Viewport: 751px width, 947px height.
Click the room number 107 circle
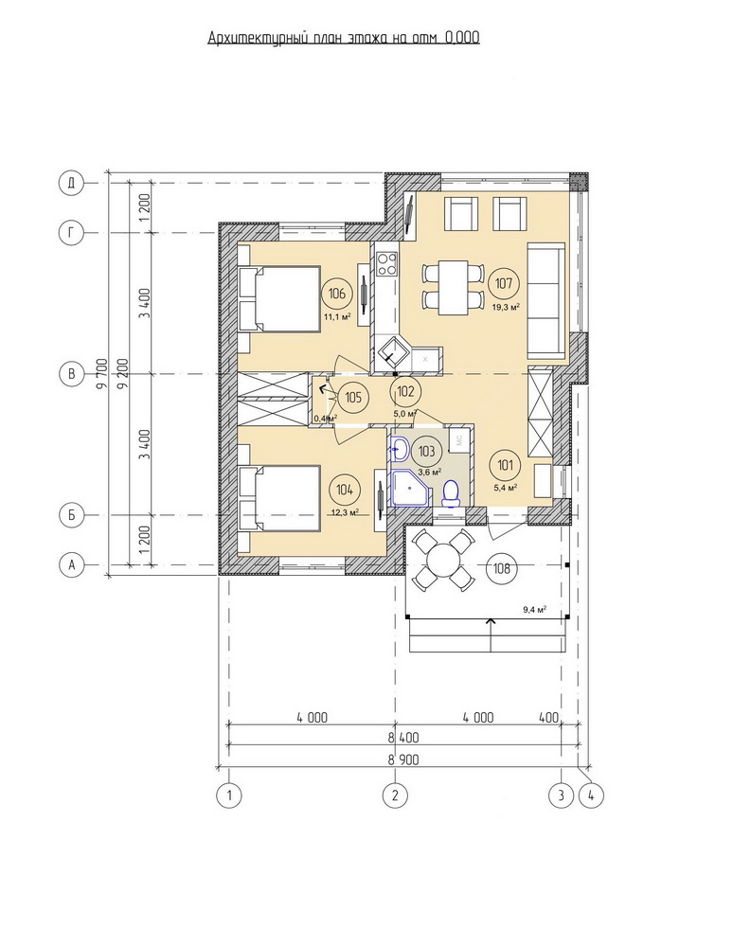pos(503,283)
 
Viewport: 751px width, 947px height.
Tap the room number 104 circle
pos(345,490)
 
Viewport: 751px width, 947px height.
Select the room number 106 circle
pos(337,294)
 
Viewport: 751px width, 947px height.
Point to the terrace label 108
pos(502,568)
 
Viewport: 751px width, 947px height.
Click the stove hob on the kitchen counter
pos(386,263)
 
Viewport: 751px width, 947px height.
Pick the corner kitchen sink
pos(392,351)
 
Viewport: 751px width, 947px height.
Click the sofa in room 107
pos(546,300)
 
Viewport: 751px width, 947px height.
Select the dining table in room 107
pos(453,287)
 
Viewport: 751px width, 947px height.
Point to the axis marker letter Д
pos(71,183)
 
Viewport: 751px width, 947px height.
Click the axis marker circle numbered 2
pos(395,795)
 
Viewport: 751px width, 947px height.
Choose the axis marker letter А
pos(71,565)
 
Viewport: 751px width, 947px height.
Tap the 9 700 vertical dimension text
pos(101,374)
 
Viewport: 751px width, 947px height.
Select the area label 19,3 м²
pos(507,307)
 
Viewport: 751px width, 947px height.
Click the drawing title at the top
pos(344,38)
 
